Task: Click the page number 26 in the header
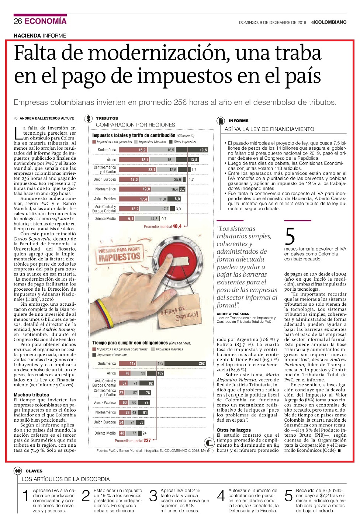pos(18,21)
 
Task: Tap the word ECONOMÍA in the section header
pos(46,21)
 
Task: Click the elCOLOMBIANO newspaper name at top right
pos(329,22)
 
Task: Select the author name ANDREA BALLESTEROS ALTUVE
pos(47,118)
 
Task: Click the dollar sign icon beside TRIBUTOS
pos(88,118)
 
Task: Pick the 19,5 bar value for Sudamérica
pos(198,150)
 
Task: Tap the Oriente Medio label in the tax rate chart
pos(105,219)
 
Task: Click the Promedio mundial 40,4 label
pos(163,226)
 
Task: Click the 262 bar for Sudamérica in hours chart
pos(185,363)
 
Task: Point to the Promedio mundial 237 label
pos(133,440)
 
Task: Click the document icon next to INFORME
pos(221,121)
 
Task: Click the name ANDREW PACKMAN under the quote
pos(233,314)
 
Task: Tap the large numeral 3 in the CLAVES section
pos(153,496)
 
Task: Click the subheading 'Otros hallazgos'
pos(233,430)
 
